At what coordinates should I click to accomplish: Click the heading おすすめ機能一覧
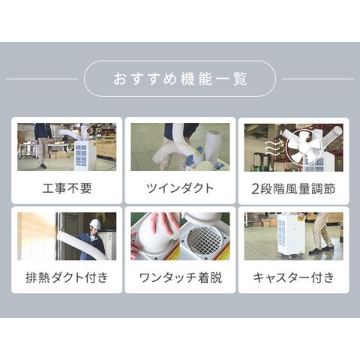(x=180, y=79)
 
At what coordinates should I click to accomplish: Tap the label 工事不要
(x=67, y=188)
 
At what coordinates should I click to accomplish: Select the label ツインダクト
(x=180, y=188)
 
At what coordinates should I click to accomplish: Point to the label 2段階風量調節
(x=293, y=188)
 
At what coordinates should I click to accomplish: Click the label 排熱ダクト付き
(x=67, y=277)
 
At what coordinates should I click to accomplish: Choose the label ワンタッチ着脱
(x=180, y=277)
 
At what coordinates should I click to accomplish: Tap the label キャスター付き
(x=293, y=277)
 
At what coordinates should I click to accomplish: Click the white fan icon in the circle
(x=304, y=147)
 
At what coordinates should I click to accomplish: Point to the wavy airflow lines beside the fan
(x=271, y=148)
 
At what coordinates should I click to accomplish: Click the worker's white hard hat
(x=95, y=224)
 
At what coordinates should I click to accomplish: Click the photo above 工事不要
(x=67, y=147)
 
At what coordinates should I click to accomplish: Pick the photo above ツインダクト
(x=180, y=147)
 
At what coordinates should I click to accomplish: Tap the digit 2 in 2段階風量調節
(x=255, y=189)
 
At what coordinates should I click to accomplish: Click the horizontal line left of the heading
(x=42, y=79)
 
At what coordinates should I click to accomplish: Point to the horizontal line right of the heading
(x=318, y=79)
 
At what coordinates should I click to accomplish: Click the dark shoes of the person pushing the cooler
(x=321, y=250)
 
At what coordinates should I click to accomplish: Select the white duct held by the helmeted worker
(x=80, y=246)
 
